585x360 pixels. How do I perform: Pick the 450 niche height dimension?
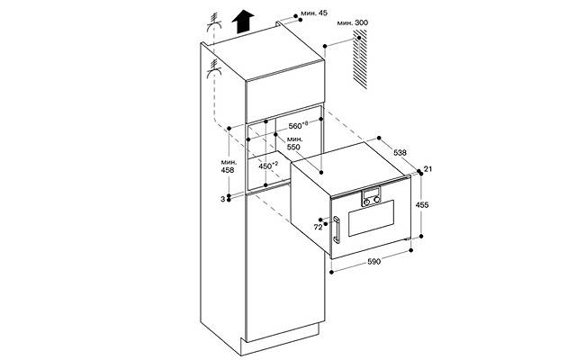[x=268, y=166]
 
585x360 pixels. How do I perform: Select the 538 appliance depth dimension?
[x=400, y=152]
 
